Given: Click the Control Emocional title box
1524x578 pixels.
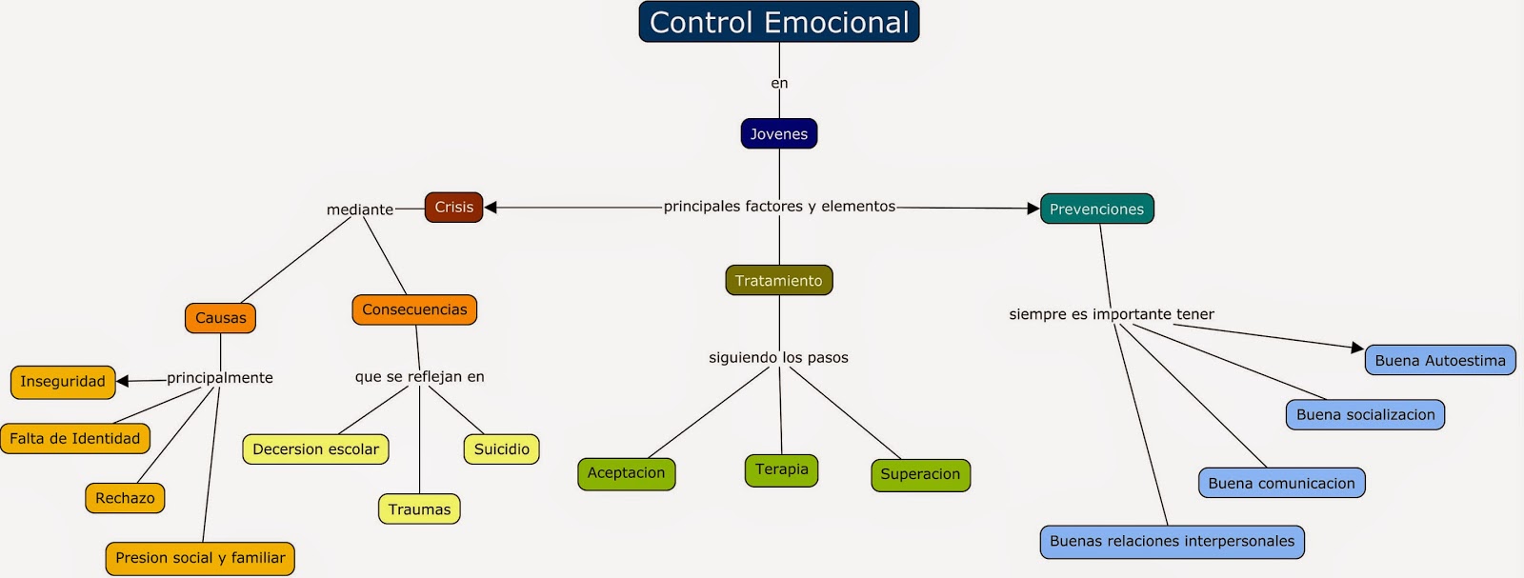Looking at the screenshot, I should pos(778,22).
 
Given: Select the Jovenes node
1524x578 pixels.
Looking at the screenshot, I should pos(778,134).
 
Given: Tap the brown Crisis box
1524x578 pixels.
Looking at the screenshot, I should pos(453,207).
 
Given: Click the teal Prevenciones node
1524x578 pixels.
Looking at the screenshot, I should pos(1096,209).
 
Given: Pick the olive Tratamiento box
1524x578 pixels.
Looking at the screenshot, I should pos(778,280).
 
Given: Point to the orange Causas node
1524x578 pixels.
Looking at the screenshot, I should pos(220,318).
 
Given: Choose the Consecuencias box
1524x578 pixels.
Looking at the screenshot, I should pos(414,309).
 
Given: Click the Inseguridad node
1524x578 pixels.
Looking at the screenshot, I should pos(63,382).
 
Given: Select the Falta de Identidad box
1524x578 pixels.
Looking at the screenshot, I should pos(75,439).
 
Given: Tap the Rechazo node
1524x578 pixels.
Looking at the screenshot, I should pos(125,498).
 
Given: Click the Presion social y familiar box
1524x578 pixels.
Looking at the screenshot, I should pos(200,558).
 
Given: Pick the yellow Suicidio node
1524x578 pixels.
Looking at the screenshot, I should pos(501,449).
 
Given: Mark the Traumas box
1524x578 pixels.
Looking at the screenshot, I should pos(419,509).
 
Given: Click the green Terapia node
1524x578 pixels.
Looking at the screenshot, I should pos(781,469).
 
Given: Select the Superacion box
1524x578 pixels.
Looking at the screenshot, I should pos(920,474).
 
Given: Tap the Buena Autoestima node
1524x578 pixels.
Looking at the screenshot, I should pos(1439,360).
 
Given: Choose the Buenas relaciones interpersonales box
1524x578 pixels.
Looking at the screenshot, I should pos(1172,541).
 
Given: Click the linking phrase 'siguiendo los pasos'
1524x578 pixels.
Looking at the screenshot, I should pos(778,358).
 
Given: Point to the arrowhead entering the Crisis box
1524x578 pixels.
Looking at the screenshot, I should pos(491,207).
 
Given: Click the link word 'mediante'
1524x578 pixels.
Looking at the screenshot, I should pos(359,209).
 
